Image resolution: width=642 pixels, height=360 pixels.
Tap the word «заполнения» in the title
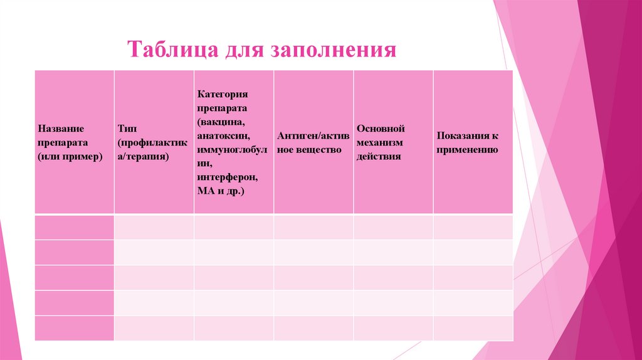tap(333, 50)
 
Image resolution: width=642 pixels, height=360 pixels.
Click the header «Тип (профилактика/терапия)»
tap(154, 142)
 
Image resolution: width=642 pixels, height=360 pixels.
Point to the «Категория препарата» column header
tap(233, 142)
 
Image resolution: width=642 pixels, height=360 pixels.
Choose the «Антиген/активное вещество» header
tap(313, 142)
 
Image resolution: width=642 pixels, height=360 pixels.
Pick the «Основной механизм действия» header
tap(393, 142)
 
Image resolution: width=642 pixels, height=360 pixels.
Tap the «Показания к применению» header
tap(473, 142)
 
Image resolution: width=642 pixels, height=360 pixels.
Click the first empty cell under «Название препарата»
tap(74, 227)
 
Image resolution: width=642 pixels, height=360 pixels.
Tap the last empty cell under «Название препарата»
tap(74, 328)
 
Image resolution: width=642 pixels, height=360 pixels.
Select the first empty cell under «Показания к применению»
tap(473, 227)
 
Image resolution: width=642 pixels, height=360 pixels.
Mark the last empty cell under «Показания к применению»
tap(473, 328)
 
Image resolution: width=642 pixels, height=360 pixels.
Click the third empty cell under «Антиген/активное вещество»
tap(313, 277)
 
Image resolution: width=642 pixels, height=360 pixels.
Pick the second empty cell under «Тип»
tap(154, 252)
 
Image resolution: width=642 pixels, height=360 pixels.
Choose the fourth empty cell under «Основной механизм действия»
tap(393, 303)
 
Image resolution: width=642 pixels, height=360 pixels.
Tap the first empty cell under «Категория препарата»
tap(233, 227)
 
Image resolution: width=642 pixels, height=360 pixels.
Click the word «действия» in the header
tap(379, 156)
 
